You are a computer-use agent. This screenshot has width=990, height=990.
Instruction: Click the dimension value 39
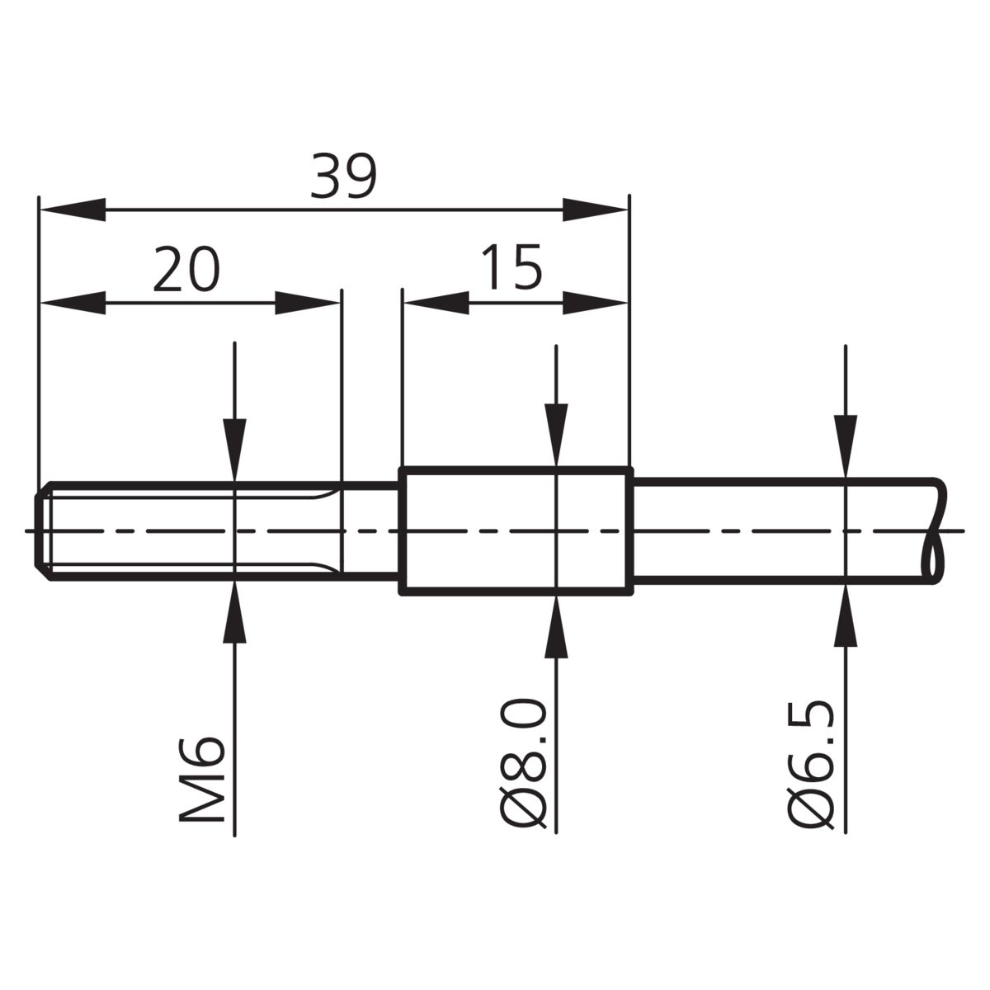[344, 177]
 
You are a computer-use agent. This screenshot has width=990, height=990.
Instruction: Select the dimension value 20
[186, 269]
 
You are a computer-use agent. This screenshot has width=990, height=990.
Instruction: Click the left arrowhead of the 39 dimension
[73, 210]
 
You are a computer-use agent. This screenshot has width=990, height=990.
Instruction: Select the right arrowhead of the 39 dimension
[595, 210]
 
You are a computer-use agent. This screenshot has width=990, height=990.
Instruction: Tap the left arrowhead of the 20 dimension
[73, 303]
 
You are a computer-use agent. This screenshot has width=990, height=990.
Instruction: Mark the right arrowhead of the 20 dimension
[307, 303]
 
